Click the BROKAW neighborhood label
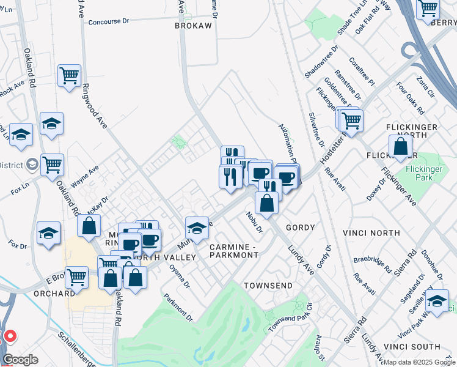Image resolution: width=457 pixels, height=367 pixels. (193, 26)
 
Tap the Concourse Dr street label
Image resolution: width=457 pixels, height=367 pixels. (109, 21)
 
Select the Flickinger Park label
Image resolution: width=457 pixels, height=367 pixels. (431, 172)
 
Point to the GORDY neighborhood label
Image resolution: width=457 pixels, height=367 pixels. (299, 228)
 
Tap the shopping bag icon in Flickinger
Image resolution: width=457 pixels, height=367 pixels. (400, 147)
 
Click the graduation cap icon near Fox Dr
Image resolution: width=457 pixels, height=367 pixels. (48, 233)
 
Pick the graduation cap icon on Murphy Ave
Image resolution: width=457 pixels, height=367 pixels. (196, 228)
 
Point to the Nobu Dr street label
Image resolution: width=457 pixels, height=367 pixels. (254, 222)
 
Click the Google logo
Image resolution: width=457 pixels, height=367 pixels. (20, 360)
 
